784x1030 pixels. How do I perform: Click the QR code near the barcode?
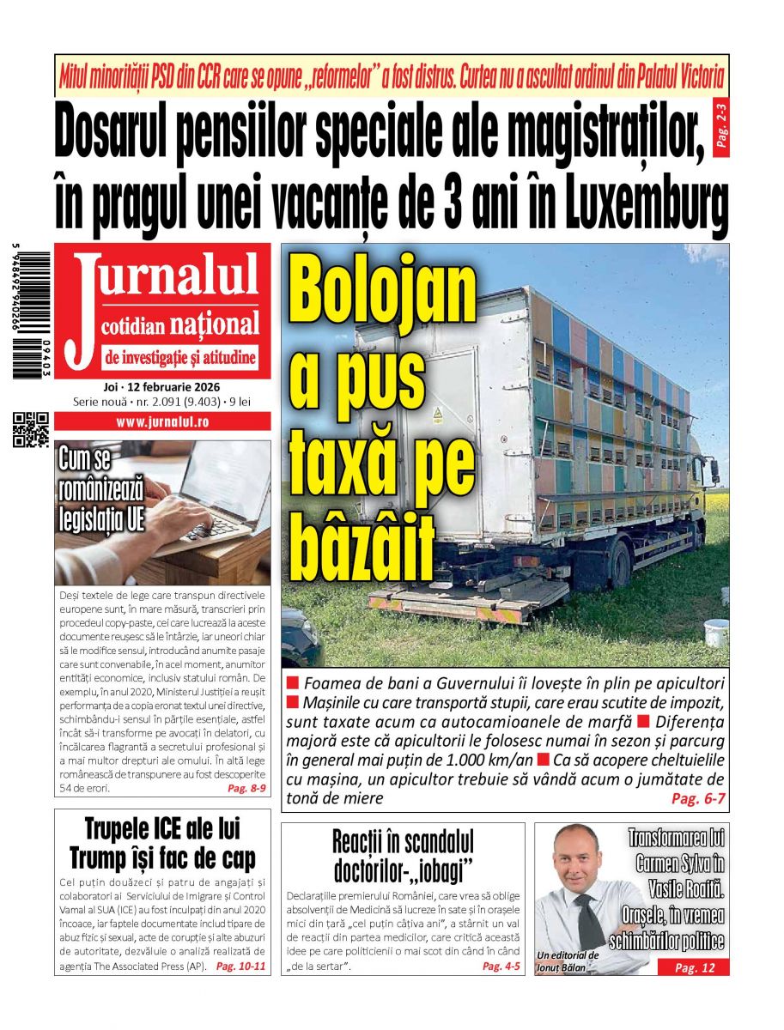pyautogui.click(x=31, y=429)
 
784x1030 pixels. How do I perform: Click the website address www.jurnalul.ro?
pyautogui.click(x=162, y=422)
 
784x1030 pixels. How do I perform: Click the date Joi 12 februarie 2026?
pyautogui.click(x=161, y=386)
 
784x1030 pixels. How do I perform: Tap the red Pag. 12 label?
pyautogui.click(x=694, y=967)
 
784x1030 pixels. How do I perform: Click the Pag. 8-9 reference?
pyautogui.click(x=246, y=788)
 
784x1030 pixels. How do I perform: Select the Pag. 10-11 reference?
pyautogui.click(x=240, y=966)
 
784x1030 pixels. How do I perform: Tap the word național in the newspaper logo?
pyautogui.click(x=214, y=325)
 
